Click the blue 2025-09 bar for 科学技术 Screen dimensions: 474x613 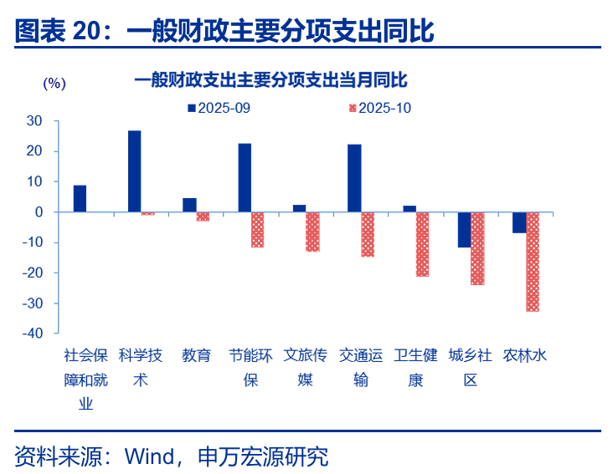pos(134,171)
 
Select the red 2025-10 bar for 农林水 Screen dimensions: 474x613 pos(533,262)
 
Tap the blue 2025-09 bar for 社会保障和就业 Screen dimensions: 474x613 pos(80,199)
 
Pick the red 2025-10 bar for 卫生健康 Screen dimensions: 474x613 pos(423,244)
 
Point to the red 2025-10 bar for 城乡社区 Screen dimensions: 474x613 pos(477,248)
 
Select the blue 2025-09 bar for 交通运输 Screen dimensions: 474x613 pos(354,178)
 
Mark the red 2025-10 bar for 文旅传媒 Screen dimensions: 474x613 pos(312,232)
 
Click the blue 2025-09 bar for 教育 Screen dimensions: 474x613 pos(189,205)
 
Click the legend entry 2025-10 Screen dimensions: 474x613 pos(379,108)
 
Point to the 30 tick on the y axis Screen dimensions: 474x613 pos(34,121)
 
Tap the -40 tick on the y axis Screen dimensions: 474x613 pos(32,334)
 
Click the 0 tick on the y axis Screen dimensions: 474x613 pos(39,212)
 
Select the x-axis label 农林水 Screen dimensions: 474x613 pos(525,355)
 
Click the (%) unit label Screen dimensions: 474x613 pos(53,83)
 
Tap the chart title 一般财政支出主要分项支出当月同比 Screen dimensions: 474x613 pos(270,80)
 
